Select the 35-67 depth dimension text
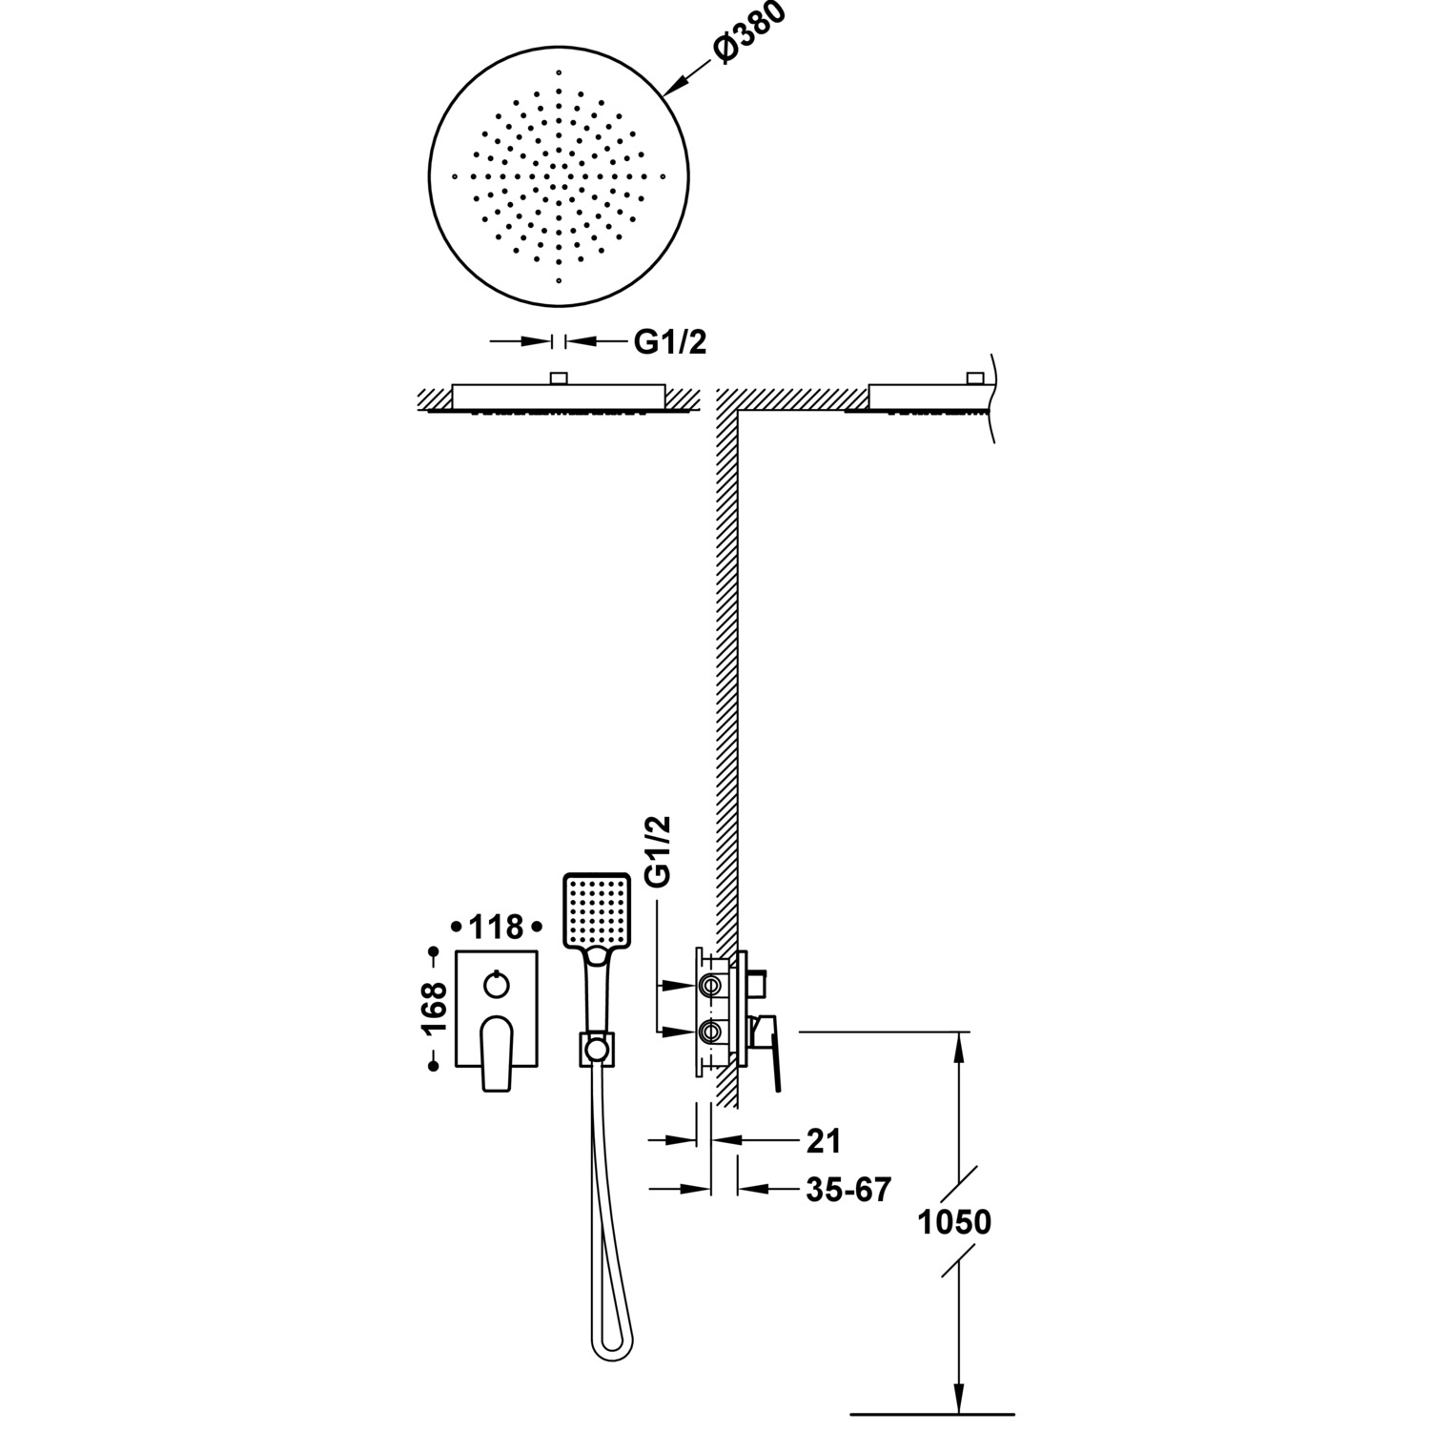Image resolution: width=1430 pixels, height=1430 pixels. pyautogui.click(x=848, y=1189)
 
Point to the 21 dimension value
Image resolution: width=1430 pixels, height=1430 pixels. pyautogui.click(x=824, y=1139)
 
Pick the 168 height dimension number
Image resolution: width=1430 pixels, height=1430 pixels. pyautogui.click(x=435, y=1009)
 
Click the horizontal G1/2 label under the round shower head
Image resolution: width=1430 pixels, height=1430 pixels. pyautogui.click(x=670, y=342)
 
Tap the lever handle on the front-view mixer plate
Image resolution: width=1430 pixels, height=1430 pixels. pyautogui.click(x=497, y=1052)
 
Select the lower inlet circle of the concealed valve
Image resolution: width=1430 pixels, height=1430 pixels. pyautogui.click(x=711, y=1031)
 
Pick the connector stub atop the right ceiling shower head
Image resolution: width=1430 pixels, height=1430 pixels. pyautogui.click(x=974, y=378)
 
